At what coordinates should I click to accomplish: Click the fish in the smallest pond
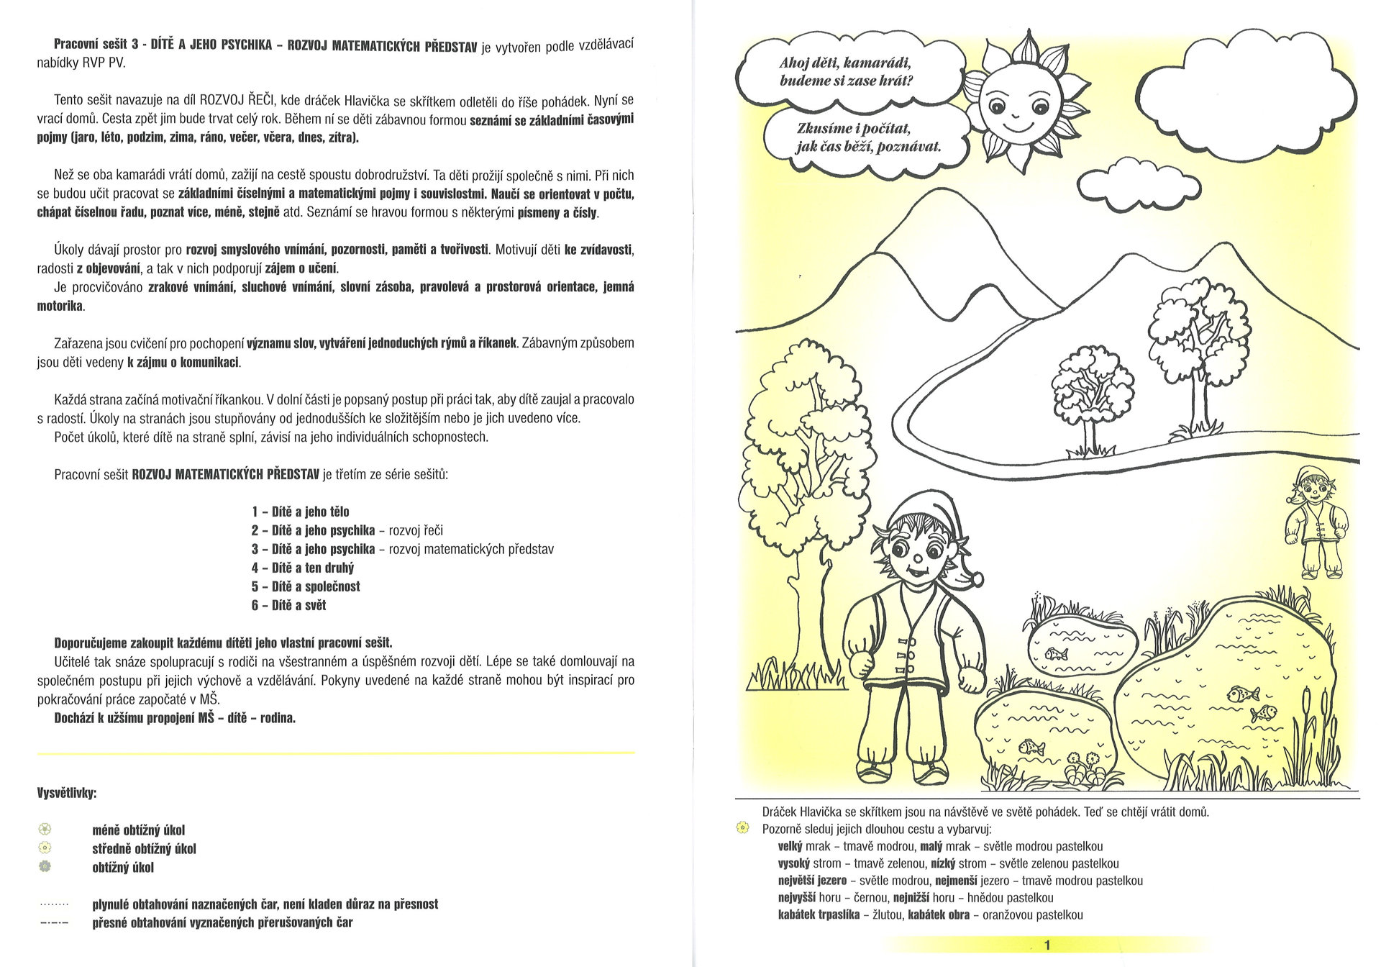coord(1054,653)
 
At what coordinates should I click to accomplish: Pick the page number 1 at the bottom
coord(1047,945)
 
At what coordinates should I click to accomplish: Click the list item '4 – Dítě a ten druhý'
coord(302,568)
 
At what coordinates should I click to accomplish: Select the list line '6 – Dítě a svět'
coord(288,605)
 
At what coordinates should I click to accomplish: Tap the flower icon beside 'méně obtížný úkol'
coord(45,829)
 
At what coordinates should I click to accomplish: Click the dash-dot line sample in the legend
coord(55,922)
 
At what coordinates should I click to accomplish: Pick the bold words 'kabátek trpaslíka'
coord(819,915)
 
